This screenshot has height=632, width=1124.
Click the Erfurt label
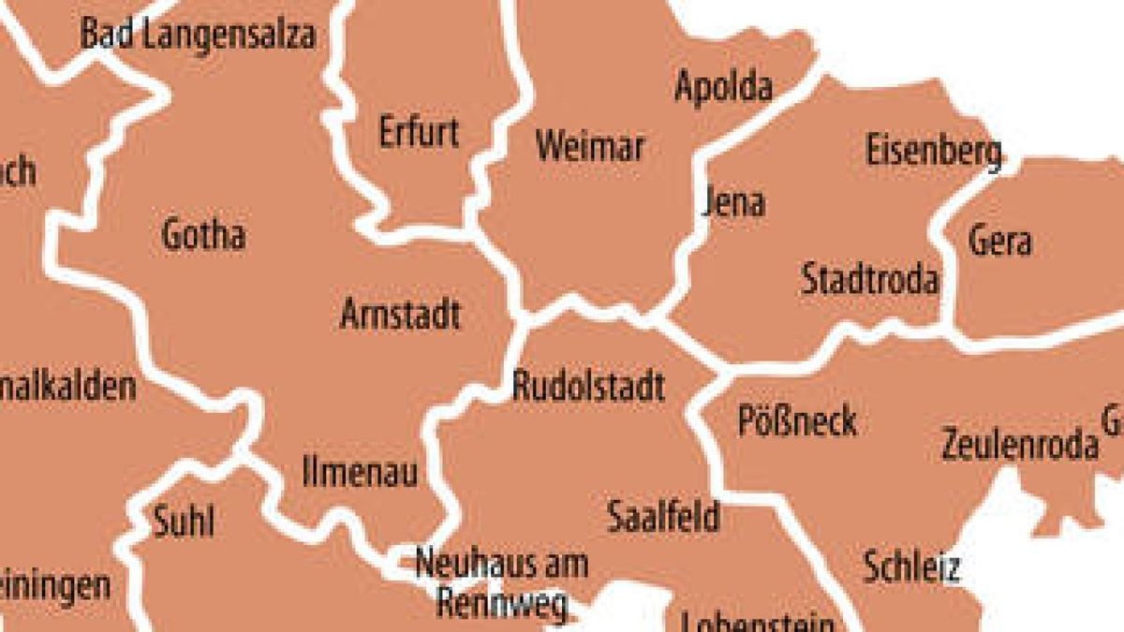tap(419, 132)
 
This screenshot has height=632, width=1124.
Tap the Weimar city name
tap(590, 147)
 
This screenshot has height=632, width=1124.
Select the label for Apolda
tap(723, 87)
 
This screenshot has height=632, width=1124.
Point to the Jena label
tap(733, 202)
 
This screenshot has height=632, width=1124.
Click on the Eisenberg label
tap(933, 152)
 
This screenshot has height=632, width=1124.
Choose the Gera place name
tap(999, 241)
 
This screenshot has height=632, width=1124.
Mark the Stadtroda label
tap(869, 279)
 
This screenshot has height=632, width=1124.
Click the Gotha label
tap(203, 234)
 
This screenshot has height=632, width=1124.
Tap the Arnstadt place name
tap(400, 315)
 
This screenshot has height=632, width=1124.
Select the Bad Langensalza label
tap(198, 36)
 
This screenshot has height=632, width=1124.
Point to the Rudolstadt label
tap(588, 386)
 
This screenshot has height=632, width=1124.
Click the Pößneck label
tap(797, 421)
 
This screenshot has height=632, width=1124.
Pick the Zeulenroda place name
tap(1019, 444)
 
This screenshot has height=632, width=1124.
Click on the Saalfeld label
tap(663, 516)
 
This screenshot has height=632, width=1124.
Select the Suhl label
tap(184, 522)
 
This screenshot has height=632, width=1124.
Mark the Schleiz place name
tap(911, 566)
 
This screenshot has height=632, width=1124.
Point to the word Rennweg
tap(502, 604)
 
